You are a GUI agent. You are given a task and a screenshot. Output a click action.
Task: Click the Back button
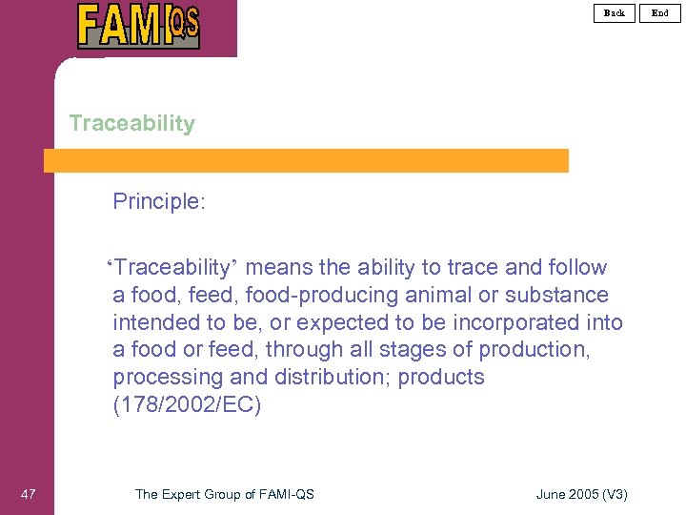coord(615,12)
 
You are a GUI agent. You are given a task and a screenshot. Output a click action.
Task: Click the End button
coord(660,12)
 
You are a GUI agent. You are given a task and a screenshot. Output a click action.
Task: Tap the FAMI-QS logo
coord(139,26)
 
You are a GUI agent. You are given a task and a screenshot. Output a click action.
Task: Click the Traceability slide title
coord(131,123)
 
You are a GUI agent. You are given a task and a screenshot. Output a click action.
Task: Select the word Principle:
coord(159,201)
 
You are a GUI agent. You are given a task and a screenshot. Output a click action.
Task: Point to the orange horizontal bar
coord(306,160)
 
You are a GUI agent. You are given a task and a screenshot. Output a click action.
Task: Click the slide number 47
coord(29,493)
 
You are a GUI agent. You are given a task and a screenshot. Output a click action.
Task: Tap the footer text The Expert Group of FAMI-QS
coord(225,493)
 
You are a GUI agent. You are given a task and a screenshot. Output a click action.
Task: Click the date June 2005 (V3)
coord(582,493)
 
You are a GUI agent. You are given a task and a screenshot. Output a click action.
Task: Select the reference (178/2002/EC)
coord(187,405)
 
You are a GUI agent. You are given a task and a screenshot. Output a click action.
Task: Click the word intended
coord(156,322)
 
